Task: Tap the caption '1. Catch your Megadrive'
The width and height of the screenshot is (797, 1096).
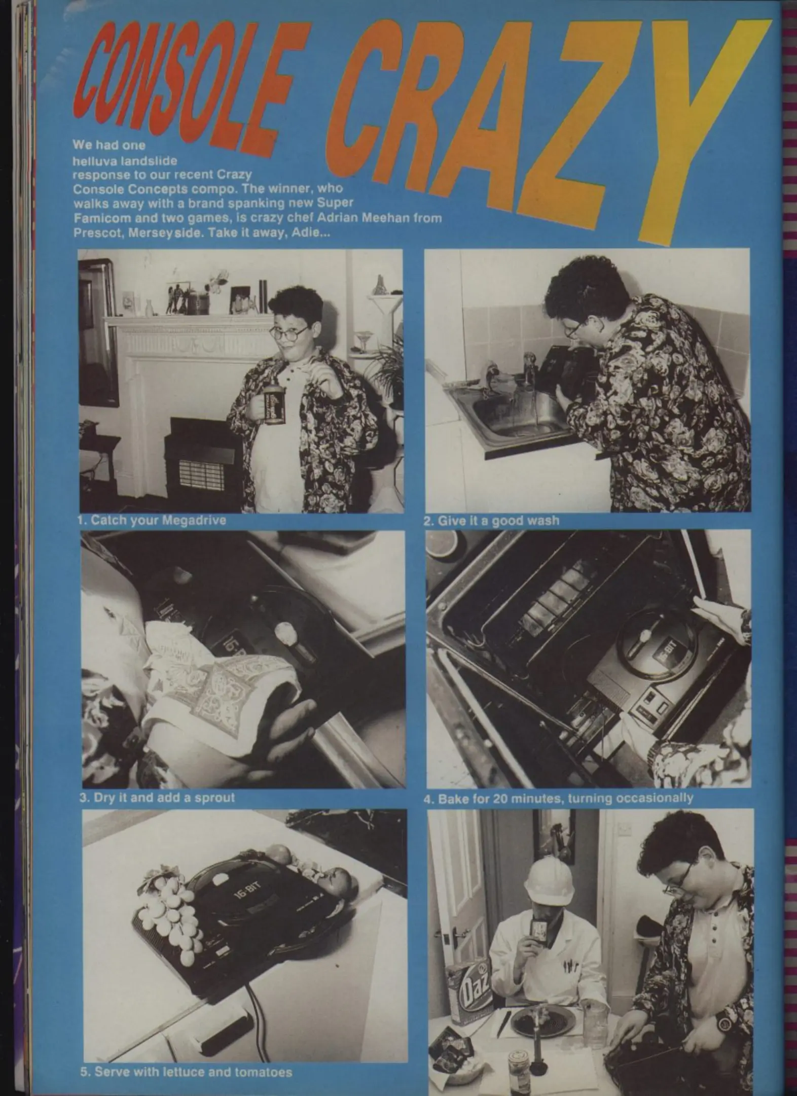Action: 152,520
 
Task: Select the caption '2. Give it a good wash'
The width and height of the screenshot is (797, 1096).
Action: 492,520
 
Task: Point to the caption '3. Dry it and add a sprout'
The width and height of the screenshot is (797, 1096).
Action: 157,797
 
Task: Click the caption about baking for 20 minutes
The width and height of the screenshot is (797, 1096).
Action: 558,798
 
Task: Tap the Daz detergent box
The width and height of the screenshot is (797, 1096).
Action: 468,982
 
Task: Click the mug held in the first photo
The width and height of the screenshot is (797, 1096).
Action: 273,406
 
